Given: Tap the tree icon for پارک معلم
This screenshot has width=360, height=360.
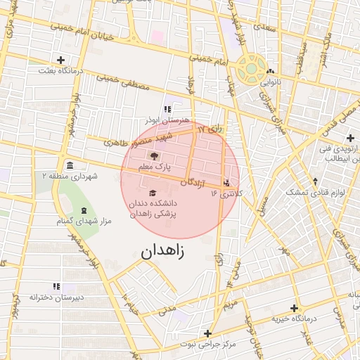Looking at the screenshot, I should (155, 157).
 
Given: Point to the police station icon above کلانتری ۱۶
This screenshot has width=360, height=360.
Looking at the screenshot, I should (226, 184).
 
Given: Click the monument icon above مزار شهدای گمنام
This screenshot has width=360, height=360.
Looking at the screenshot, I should (84, 211).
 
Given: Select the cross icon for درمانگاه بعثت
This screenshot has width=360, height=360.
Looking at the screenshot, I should (61, 60).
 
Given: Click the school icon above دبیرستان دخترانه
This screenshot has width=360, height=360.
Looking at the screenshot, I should (57, 286).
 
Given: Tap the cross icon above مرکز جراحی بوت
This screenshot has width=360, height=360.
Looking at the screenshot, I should (207, 333).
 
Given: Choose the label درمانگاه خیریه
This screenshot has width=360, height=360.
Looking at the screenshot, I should (295, 319).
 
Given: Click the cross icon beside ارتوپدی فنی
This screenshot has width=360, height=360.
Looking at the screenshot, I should (350, 137).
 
